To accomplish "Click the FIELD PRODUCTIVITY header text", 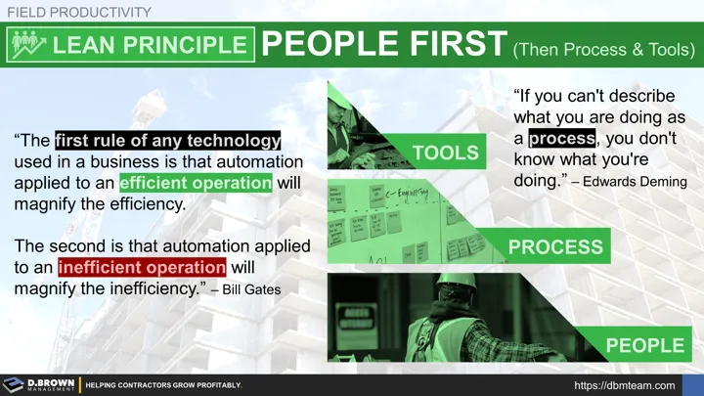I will point(79,12).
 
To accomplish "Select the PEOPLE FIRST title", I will point(380,45).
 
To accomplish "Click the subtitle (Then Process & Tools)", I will point(603,48).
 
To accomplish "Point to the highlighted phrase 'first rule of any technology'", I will point(167,140).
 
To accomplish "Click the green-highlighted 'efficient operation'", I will point(195,182).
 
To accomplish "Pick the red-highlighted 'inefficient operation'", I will point(142,266).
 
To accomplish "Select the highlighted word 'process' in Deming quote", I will point(561,139).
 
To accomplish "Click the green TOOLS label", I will point(446,153).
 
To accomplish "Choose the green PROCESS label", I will point(553,247).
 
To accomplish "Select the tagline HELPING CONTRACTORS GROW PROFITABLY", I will point(163,386).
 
